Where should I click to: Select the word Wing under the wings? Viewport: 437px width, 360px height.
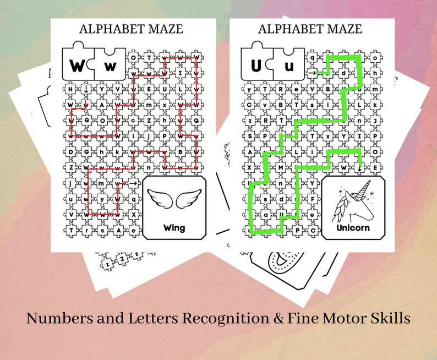click(174, 227)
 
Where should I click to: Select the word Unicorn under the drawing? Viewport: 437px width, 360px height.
click(354, 227)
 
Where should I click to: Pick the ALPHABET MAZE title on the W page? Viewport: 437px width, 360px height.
click(132, 30)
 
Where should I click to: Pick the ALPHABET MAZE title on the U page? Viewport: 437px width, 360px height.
click(310, 30)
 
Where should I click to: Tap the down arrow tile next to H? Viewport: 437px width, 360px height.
click(86, 88)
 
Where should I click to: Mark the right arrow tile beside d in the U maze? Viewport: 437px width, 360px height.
click(312, 72)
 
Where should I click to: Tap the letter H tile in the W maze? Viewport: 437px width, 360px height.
click(70, 88)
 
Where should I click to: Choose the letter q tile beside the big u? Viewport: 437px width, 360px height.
click(312, 56)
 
